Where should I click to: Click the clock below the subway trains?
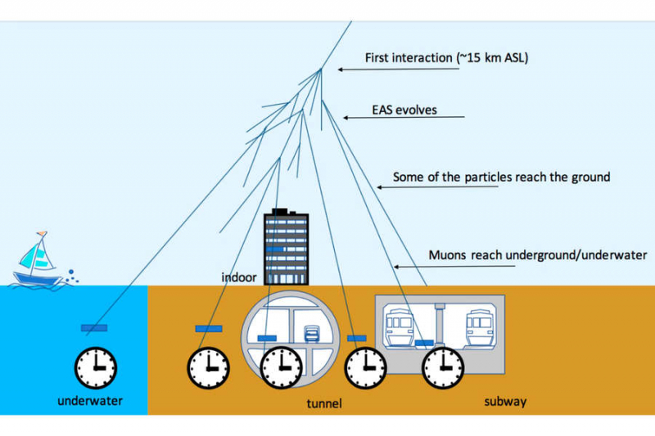442,366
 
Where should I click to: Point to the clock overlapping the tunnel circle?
281,366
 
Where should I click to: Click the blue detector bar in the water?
95,329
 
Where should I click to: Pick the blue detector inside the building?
276,249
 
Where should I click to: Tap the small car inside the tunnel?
312,334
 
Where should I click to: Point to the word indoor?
240,278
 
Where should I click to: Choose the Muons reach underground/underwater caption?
538,255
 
